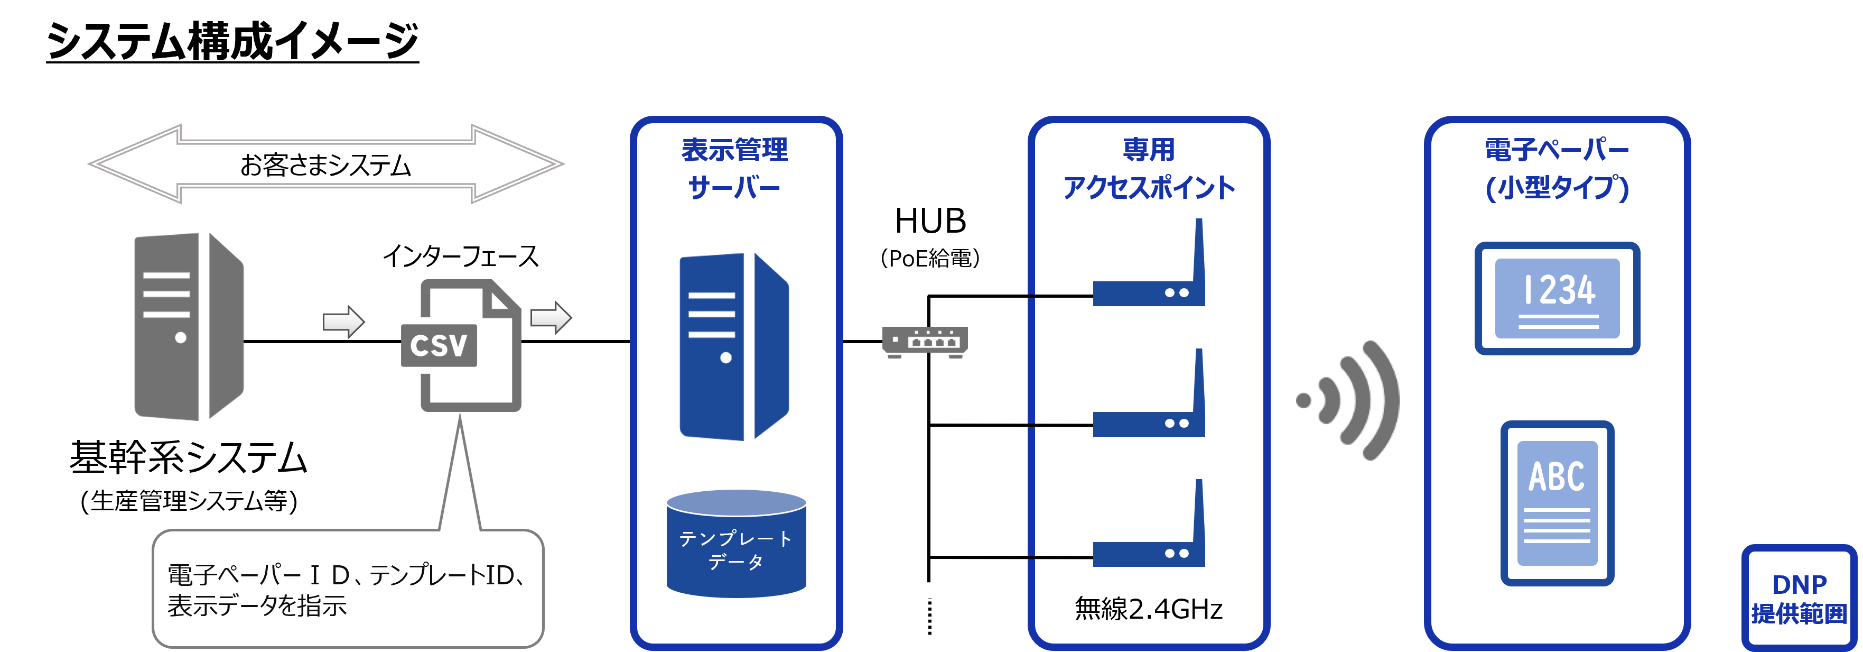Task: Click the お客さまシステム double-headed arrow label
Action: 325,165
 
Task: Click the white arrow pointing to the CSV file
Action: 343,322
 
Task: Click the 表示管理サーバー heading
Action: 735,169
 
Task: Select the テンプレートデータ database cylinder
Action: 736,544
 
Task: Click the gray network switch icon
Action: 925,342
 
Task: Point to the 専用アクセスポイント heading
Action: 1149,169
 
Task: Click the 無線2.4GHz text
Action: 1149,609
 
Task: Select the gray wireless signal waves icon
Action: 1349,400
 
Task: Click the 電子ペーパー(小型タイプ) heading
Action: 1557,169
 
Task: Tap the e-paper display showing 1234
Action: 1557,298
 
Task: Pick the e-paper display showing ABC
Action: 1557,503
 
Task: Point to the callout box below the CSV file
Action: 347,589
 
